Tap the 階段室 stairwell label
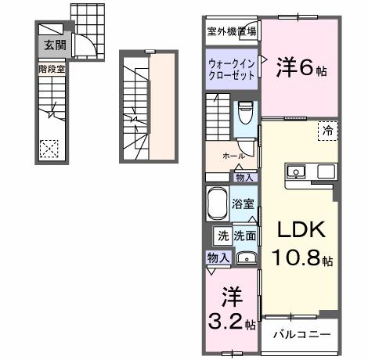(x=52, y=69)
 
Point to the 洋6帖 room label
(x=301, y=68)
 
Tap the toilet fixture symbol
(x=245, y=114)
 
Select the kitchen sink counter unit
(x=311, y=171)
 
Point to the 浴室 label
(x=243, y=204)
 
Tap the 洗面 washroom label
(x=245, y=235)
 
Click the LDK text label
(x=298, y=231)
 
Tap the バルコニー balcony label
(x=302, y=334)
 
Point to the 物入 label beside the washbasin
(x=218, y=257)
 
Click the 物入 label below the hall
(x=244, y=178)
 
